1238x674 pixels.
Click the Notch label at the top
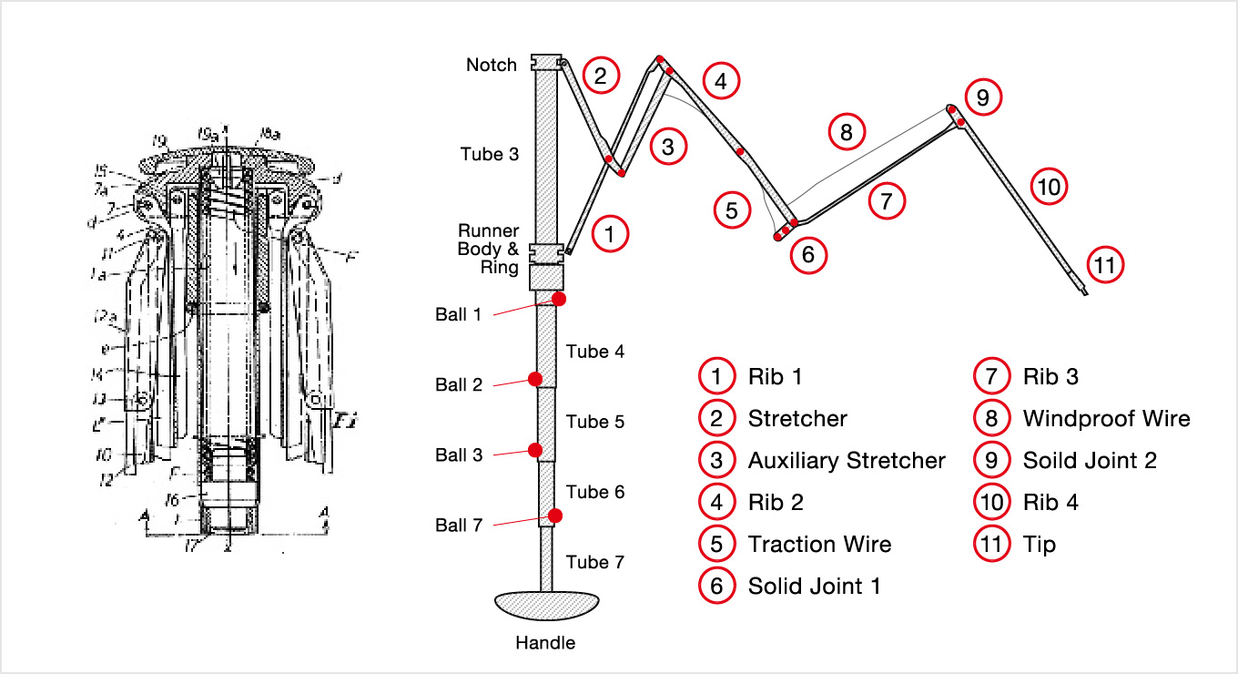pos(492,65)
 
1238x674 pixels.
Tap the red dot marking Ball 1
pos(559,299)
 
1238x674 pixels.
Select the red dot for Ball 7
pos(555,516)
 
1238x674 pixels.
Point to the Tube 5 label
pos(595,422)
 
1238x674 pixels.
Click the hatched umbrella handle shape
pos(546,605)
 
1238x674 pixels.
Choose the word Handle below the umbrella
pos(545,643)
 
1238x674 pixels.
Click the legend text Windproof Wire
pos(1106,419)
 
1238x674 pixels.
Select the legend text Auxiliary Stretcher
pos(847,461)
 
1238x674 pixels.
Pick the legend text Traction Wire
pos(819,545)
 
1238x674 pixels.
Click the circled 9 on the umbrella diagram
pos(982,97)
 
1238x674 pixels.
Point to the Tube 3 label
pos(490,154)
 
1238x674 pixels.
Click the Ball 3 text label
pos(459,455)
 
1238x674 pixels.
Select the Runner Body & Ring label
pos(488,250)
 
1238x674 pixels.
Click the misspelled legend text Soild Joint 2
pos(1090,461)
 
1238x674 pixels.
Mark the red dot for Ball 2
pos(535,379)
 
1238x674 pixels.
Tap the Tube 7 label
pos(595,562)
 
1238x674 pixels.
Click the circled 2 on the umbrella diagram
pos(601,76)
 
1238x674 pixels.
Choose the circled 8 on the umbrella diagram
pos(846,133)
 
